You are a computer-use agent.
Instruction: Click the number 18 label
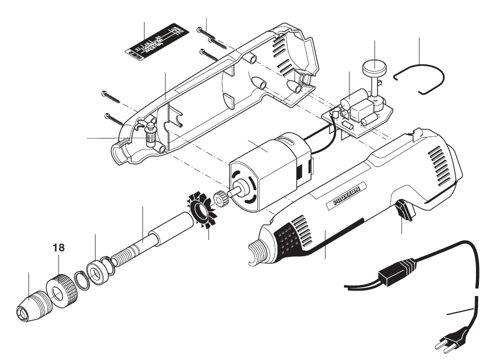pos(58,247)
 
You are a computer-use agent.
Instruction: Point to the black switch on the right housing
pos(406,210)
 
